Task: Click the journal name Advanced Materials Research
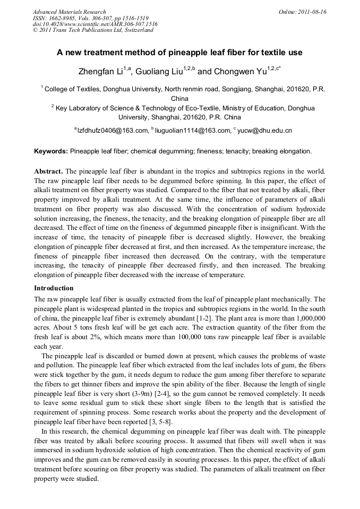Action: pyautogui.click(x=69, y=12)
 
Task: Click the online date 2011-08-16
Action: pyautogui.click(x=312, y=12)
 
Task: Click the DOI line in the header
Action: pyautogui.click(x=95, y=24)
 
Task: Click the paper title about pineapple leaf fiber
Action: pyautogui.click(x=179, y=53)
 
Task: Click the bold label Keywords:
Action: pyautogui.click(x=51, y=151)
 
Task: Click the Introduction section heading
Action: pyautogui.click(x=54, y=288)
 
